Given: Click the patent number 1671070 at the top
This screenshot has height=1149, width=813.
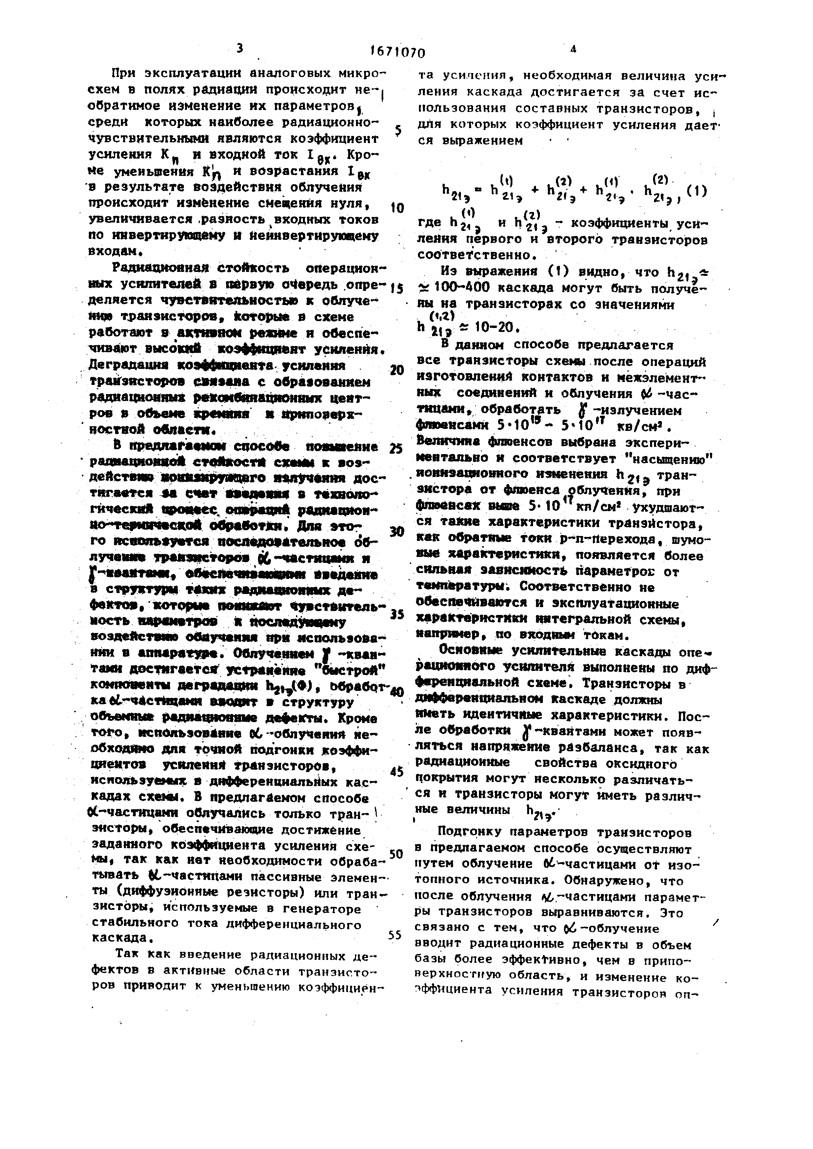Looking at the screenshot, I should pyautogui.click(x=398, y=52).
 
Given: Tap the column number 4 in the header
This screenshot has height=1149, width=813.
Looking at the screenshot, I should pyautogui.click(x=573, y=49).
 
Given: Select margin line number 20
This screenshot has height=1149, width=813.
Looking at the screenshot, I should pyautogui.click(x=396, y=370).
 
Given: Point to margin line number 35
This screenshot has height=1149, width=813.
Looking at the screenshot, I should pyautogui.click(x=396, y=614).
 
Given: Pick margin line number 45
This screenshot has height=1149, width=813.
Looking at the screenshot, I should pyautogui.click(x=396, y=771).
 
